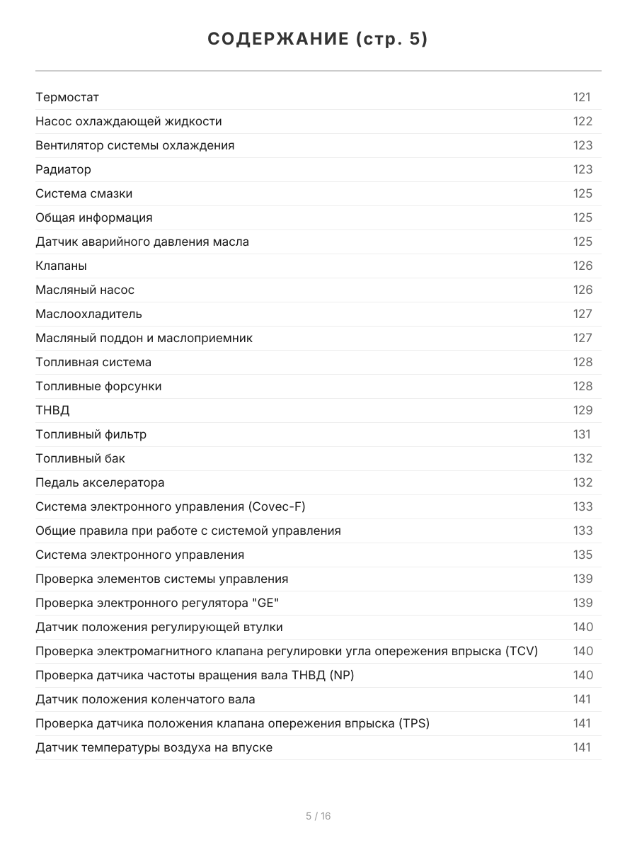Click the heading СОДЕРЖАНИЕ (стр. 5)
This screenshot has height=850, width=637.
coord(318,40)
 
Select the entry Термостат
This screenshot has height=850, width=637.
coord(67,97)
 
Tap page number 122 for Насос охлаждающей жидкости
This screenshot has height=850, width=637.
coord(583,121)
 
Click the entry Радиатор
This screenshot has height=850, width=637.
coord(63,169)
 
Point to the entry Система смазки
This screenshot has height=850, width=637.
coord(84,193)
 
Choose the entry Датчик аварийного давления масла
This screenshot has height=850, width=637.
coord(142,242)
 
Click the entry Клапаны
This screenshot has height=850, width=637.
coord(61,266)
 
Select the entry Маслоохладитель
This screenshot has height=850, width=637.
coord(88,314)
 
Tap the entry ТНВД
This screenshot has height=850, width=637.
coord(52,410)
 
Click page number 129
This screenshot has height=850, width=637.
coord(583,410)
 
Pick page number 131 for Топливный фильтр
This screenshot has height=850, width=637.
coord(581,434)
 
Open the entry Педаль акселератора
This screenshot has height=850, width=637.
coord(100,482)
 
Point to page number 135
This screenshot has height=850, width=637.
coord(583,555)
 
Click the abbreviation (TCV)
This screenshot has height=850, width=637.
coord(522,651)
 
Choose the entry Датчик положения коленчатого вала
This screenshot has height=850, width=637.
coord(145,699)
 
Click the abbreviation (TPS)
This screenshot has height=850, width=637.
coord(413,723)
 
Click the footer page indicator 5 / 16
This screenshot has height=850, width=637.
coord(318,816)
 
